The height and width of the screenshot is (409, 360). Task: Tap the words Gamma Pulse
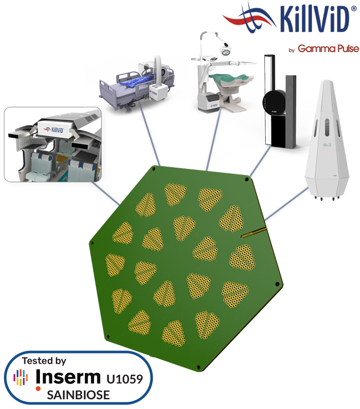coord(328,49)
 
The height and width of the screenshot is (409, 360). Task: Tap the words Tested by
coord(44,361)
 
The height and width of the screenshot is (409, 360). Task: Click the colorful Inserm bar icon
coord(21,377)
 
